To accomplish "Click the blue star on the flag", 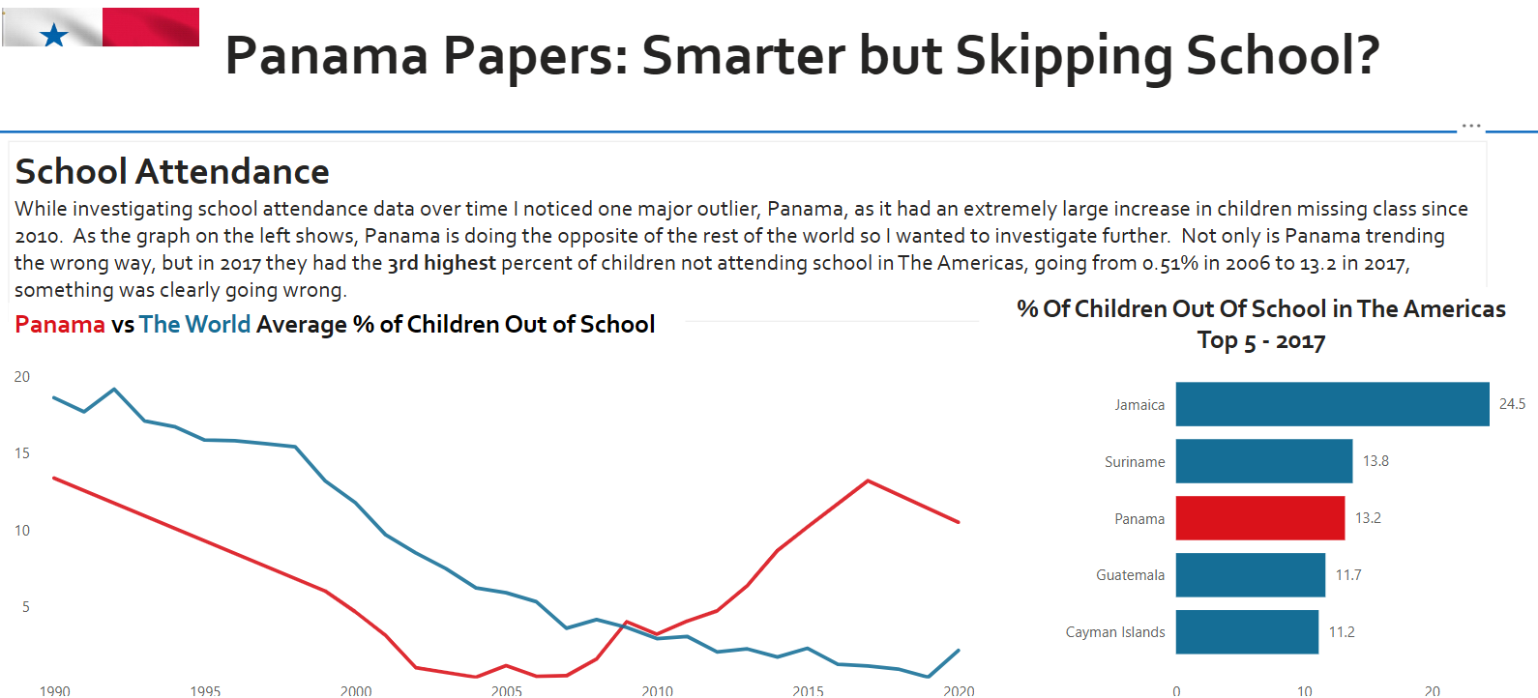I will click(x=54, y=36).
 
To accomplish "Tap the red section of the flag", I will click(x=151, y=26).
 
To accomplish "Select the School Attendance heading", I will click(x=172, y=172).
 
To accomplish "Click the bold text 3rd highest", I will click(x=442, y=263).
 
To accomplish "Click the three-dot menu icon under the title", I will click(x=1471, y=126).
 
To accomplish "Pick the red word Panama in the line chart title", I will click(x=60, y=325).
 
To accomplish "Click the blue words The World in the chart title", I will click(x=194, y=325).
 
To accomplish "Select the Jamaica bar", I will click(x=1332, y=404).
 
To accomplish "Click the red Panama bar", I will click(x=1259, y=518).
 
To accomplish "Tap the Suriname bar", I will click(x=1263, y=461).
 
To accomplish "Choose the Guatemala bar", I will click(x=1250, y=575).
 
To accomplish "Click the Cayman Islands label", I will click(x=1115, y=632).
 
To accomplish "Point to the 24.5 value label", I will click(x=1512, y=404).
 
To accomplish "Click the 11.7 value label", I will click(x=1348, y=575).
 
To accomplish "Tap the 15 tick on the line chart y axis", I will click(x=22, y=453).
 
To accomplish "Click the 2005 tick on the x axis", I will click(x=507, y=690).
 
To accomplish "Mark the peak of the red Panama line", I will click(x=868, y=480).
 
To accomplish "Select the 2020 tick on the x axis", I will click(x=959, y=690).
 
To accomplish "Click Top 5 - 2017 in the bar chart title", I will click(x=1260, y=341).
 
